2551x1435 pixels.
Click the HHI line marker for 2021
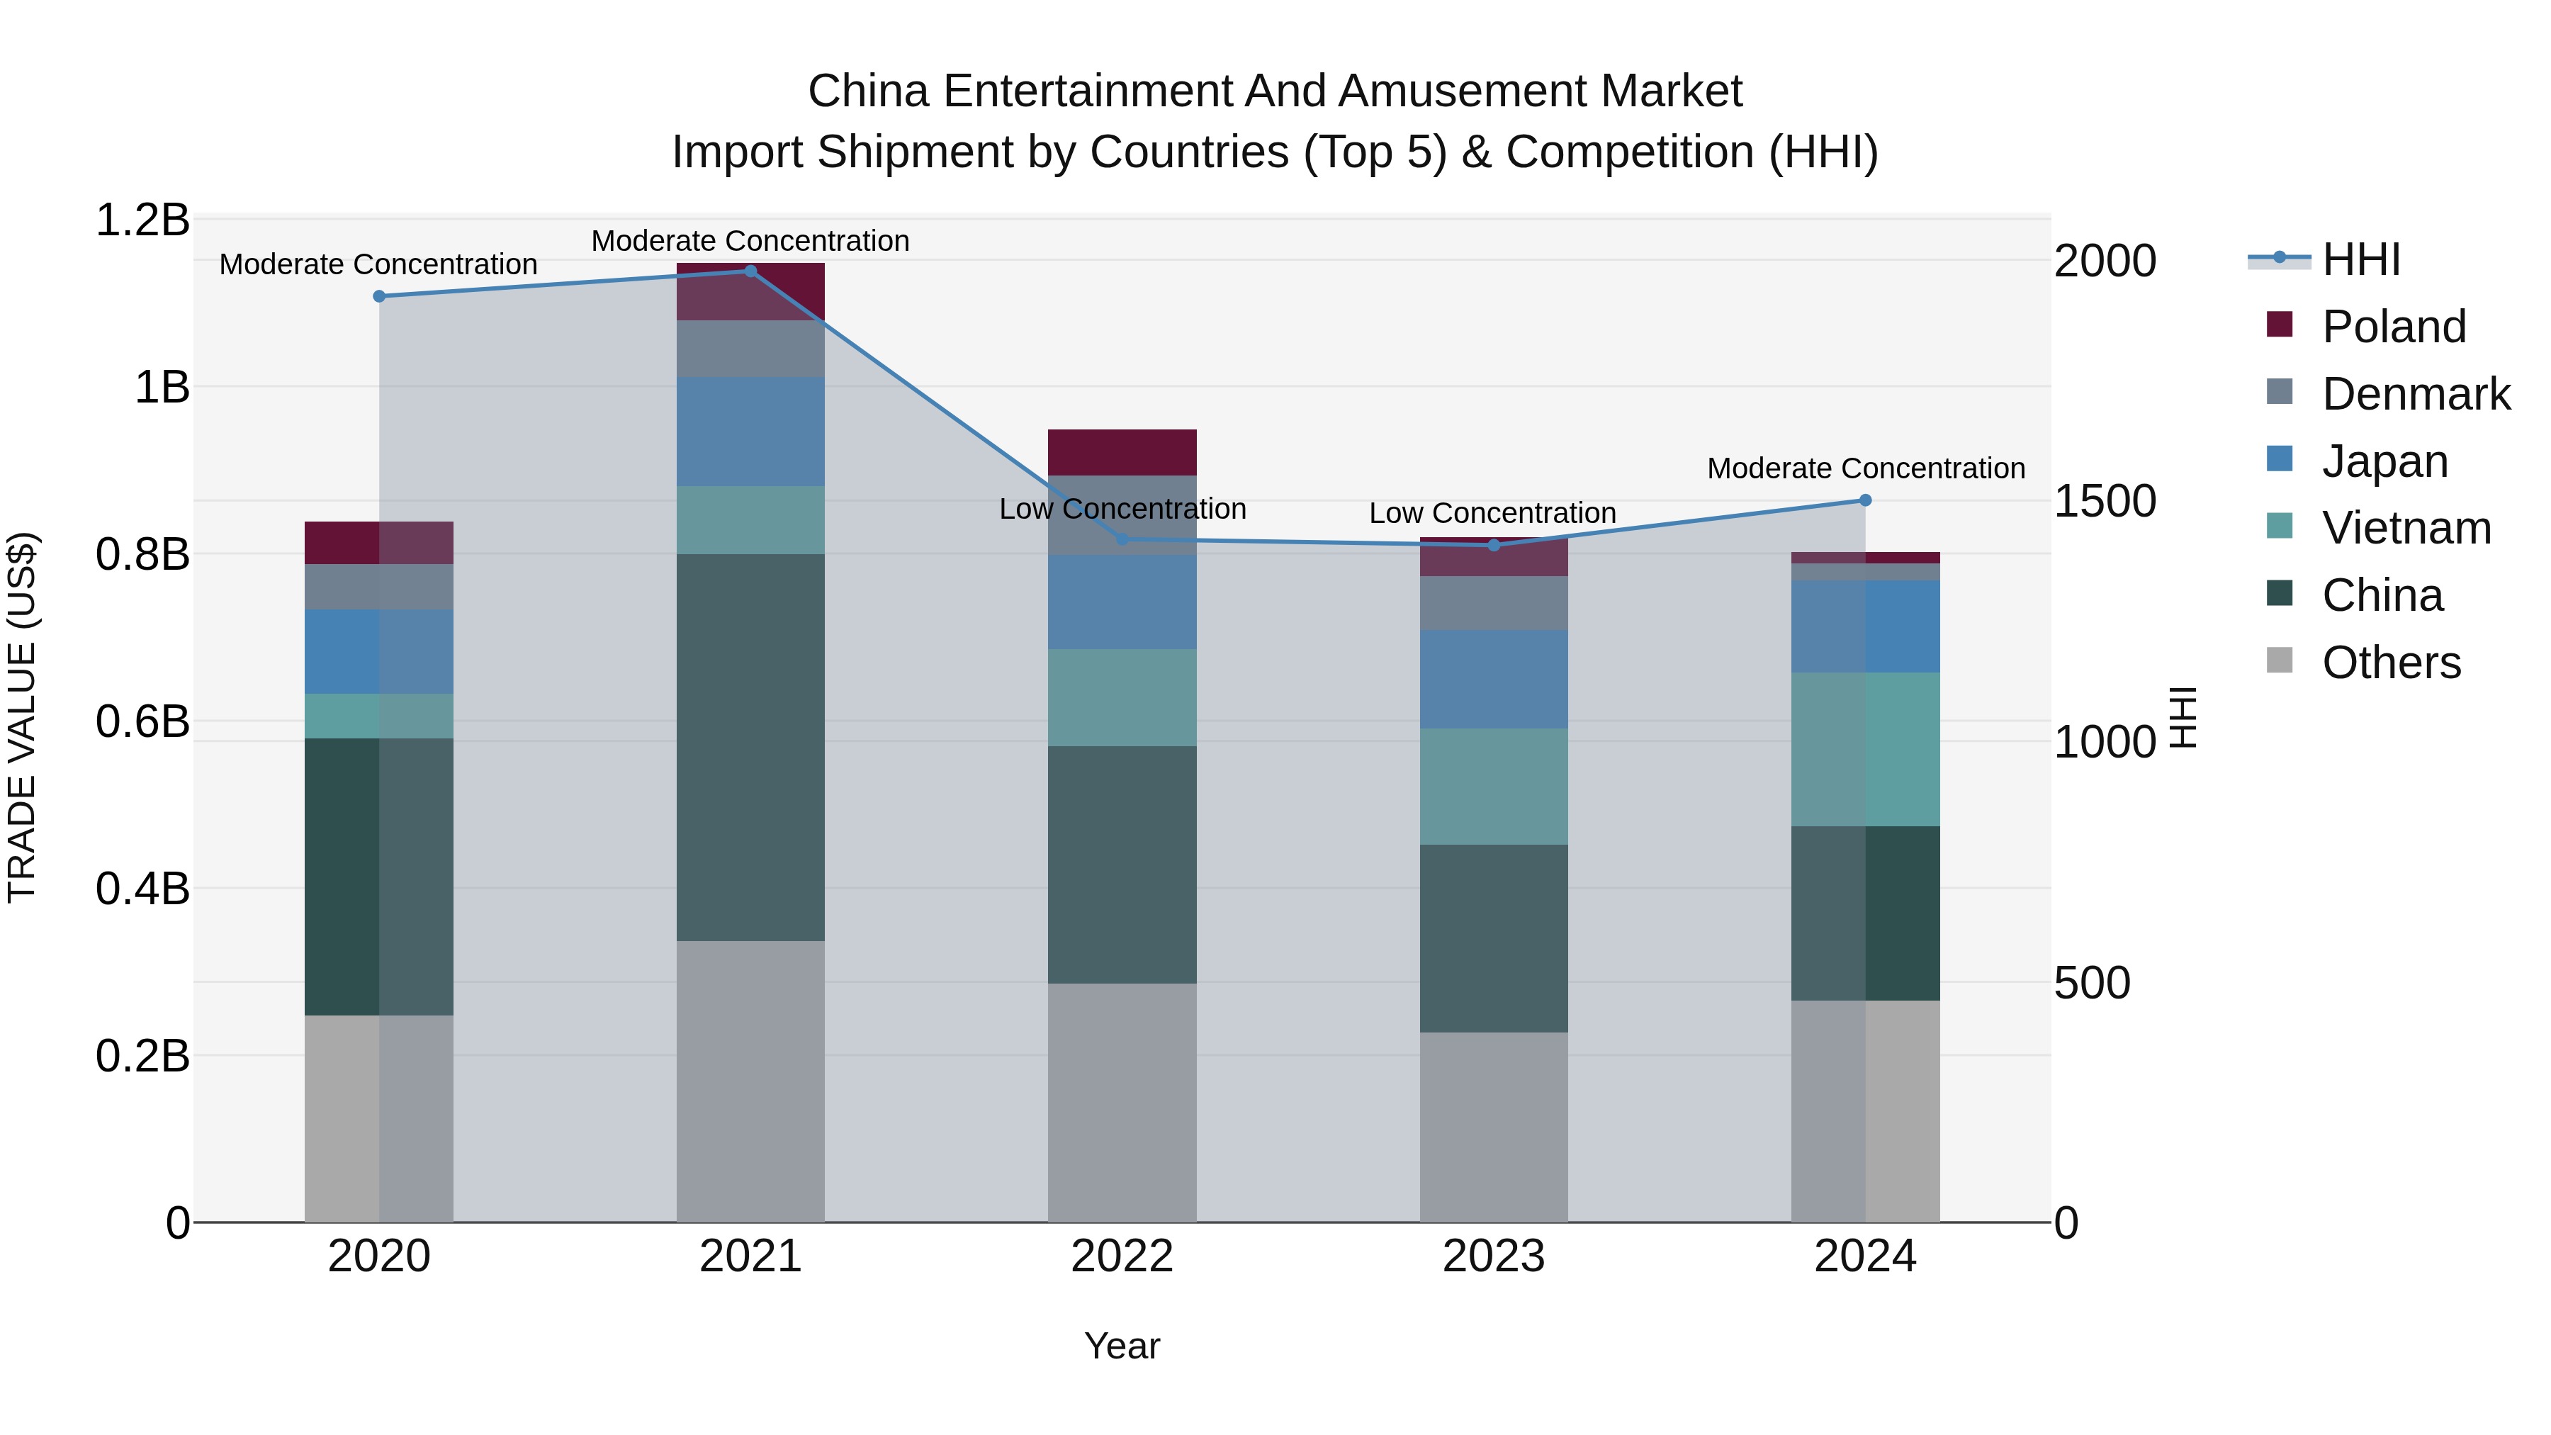click(x=750, y=271)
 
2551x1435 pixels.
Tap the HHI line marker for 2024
click(x=1865, y=500)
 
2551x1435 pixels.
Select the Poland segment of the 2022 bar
click(x=1122, y=453)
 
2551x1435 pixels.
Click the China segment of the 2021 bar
click(x=750, y=747)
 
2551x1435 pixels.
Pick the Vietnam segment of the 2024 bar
click(x=1865, y=749)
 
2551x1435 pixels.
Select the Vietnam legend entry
click(x=2406, y=528)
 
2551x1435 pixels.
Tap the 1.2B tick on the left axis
click(x=142, y=220)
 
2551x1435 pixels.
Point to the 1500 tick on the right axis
click(x=2105, y=501)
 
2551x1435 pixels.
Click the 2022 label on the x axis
click(x=1122, y=1256)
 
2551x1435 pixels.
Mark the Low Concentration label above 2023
click(x=1492, y=513)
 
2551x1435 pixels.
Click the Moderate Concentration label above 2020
click(x=378, y=264)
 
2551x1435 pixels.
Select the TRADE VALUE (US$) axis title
click(x=22, y=717)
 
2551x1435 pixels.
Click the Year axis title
click(x=1122, y=1346)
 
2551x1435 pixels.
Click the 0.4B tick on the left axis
click(x=142, y=889)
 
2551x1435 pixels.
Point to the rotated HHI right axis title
click(x=2183, y=717)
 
